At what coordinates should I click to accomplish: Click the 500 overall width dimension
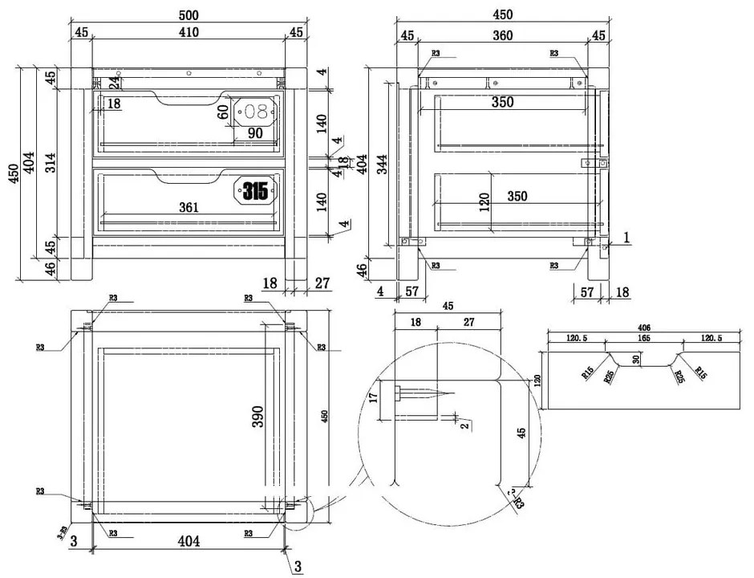click(188, 15)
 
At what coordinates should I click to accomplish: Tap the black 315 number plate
click(256, 191)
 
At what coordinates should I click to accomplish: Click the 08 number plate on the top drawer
click(255, 112)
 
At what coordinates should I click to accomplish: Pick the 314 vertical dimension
click(50, 162)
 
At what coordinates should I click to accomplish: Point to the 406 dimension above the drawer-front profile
click(645, 327)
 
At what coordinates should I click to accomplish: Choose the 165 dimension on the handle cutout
click(645, 340)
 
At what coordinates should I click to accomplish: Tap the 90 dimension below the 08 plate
click(255, 133)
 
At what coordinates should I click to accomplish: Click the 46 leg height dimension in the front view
click(50, 270)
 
